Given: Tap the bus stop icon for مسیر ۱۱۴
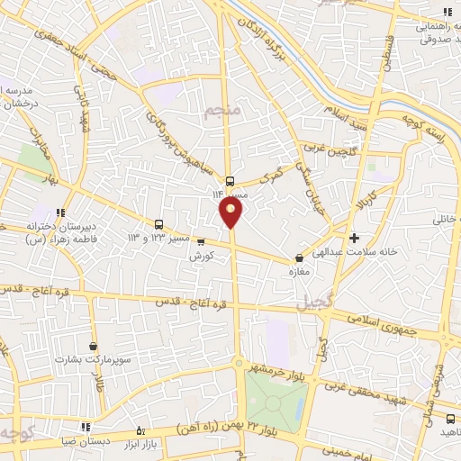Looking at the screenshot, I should click(230, 178).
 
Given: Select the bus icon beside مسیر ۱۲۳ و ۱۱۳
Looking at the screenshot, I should click(159, 223).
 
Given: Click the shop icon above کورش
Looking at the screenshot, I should click(200, 241).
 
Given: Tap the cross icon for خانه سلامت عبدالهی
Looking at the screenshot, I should click(354, 239).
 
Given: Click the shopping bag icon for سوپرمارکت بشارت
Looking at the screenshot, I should click(94, 345).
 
